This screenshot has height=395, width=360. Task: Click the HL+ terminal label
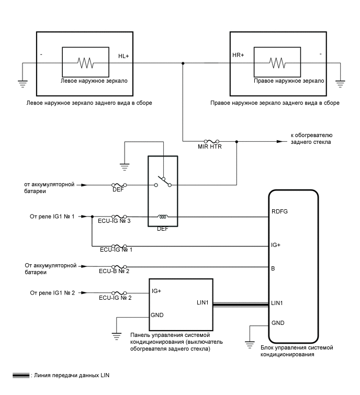[123, 55]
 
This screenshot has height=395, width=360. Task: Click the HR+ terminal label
[238, 55]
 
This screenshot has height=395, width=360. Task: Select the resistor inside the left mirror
[85, 63]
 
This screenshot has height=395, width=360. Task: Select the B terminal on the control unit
[273, 268]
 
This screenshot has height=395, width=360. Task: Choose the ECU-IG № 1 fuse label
[117, 250]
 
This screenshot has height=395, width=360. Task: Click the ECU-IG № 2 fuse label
[115, 298]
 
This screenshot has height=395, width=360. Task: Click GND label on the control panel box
[157, 315]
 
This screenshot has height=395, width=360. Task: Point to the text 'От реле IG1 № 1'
[53, 216]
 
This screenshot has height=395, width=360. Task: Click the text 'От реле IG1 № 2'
[53, 292]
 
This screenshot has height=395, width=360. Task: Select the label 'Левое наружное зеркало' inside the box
[94, 82]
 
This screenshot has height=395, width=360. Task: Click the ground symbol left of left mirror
[23, 82]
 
